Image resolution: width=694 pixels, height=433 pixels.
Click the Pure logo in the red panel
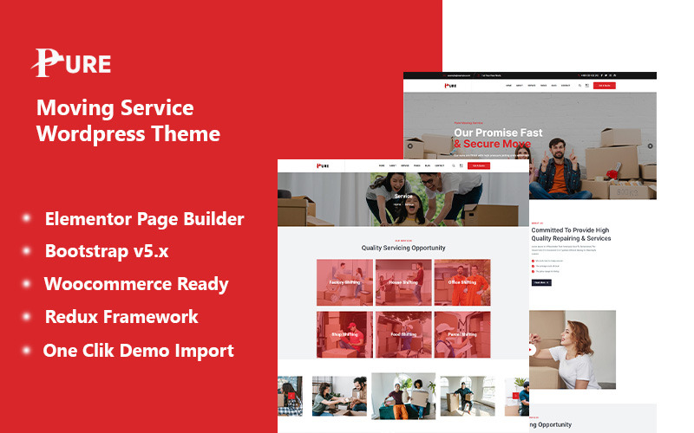(x=72, y=62)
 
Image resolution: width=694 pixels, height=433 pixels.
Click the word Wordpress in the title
(x=88, y=134)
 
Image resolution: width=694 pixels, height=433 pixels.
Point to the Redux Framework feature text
(x=121, y=317)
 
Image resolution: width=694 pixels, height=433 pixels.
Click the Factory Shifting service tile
(x=344, y=282)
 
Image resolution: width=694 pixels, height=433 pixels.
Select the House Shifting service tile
(x=403, y=282)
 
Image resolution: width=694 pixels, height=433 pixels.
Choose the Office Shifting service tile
(x=462, y=282)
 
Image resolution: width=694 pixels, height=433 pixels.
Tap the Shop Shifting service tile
(x=344, y=334)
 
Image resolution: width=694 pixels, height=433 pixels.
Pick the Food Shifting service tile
(x=403, y=334)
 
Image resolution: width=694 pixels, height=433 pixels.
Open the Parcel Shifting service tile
(x=462, y=334)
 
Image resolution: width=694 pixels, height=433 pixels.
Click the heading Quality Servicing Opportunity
(x=403, y=248)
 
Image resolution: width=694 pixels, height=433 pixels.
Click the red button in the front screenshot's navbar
(x=479, y=165)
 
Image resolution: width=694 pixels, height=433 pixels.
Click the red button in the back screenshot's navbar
(x=605, y=86)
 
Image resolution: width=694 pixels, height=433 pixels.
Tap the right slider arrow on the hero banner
(x=651, y=145)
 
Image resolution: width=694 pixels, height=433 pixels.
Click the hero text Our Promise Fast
(x=498, y=132)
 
